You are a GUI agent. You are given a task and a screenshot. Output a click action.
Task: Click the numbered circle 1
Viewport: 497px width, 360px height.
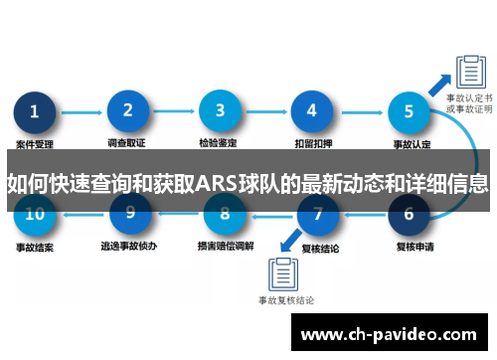pos(36,112)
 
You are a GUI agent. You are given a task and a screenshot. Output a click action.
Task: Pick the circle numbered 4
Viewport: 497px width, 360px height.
pos(311,112)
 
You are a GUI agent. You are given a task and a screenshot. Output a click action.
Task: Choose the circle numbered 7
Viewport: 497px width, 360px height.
pos(317,213)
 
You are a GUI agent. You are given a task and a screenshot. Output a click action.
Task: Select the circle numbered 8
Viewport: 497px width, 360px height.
pos(224,213)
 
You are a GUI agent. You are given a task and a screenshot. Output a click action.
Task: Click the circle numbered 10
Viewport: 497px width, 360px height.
pos(35,213)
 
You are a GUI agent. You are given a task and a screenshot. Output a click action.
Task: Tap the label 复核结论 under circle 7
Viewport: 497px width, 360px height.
pos(316,244)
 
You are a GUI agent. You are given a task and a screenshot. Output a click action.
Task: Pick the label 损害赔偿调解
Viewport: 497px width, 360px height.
pos(223,244)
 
